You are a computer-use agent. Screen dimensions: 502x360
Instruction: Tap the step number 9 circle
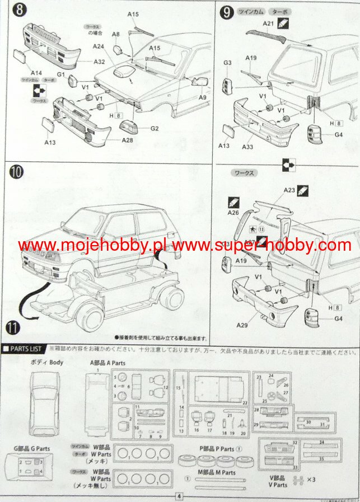[x=226, y=11]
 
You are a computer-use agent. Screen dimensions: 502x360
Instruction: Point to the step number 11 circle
[x=16, y=325]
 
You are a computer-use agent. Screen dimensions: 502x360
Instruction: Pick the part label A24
[x=99, y=46]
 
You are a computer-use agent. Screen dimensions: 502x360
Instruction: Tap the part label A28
[x=128, y=139]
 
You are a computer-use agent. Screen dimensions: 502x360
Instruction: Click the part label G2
[x=155, y=128]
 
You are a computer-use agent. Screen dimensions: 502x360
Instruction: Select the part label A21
[x=268, y=23]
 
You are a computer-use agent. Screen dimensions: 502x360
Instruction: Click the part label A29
[x=242, y=325]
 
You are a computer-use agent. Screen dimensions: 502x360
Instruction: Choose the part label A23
[x=288, y=190]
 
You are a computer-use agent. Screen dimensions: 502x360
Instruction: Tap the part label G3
[x=227, y=63]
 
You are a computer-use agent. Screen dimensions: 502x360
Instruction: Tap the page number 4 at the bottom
[x=179, y=496]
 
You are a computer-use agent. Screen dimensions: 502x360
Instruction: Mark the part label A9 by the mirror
[x=202, y=96]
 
